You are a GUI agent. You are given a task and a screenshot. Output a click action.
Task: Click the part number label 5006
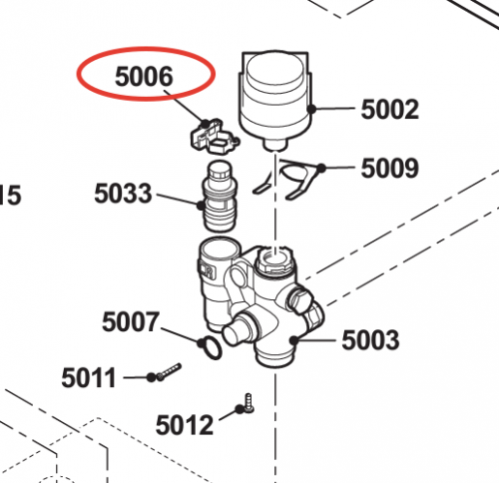pyautogui.click(x=144, y=76)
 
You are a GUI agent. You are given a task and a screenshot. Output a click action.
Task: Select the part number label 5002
pyautogui.click(x=390, y=109)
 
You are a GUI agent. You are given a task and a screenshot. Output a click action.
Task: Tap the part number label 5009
pyautogui.click(x=390, y=168)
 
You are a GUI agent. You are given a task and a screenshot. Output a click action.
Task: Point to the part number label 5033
pyautogui.click(x=123, y=194)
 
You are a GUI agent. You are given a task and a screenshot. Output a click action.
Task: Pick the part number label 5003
pyautogui.click(x=370, y=340)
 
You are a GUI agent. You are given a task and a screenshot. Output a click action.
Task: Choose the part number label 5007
pyautogui.click(x=131, y=321)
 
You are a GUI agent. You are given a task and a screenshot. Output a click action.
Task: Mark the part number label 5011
pyautogui.click(x=89, y=377)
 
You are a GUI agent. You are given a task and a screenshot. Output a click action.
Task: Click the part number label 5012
pyautogui.click(x=185, y=425)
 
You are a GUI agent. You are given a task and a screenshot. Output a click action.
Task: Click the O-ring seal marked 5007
pyautogui.click(x=211, y=347)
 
